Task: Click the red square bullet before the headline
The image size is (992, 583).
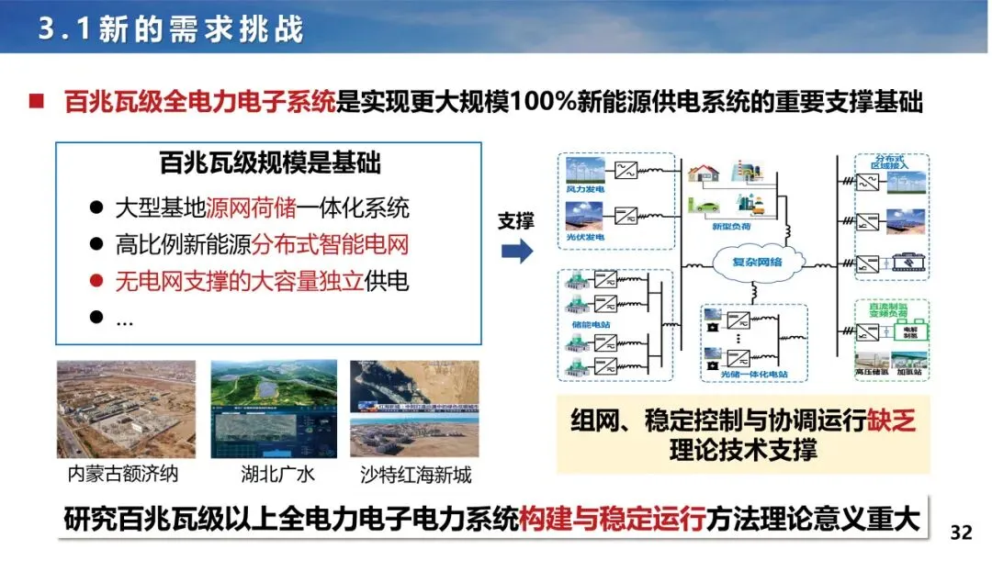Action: [x=36, y=101]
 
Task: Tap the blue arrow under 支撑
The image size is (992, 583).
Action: [x=517, y=251]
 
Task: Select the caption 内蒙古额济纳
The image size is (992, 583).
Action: [x=124, y=476]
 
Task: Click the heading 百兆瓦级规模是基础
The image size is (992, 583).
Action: [x=270, y=165]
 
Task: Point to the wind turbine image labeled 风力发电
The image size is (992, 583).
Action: [x=585, y=172]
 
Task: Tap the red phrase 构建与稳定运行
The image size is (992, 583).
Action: [x=613, y=520]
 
